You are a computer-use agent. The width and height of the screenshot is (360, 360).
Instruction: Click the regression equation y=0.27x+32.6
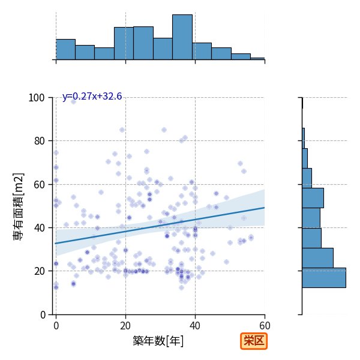[x=92, y=96]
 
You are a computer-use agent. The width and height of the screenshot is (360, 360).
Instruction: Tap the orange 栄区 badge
[x=254, y=341]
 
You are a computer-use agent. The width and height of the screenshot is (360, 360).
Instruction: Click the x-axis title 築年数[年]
[x=158, y=341]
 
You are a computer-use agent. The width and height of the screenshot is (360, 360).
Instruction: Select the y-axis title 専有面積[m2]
[x=19, y=206]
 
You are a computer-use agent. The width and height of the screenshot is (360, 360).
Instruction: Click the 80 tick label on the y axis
[x=39, y=141]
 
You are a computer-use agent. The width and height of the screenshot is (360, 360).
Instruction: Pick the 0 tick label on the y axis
[x=43, y=315]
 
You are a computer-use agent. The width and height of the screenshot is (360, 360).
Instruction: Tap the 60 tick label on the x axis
[x=265, y=326]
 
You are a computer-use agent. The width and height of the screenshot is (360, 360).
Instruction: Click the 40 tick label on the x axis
[x=195, y=326]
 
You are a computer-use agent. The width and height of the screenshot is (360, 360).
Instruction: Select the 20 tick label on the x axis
[x=125, y=326]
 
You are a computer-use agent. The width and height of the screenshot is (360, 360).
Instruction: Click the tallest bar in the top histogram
[x=182, y=37]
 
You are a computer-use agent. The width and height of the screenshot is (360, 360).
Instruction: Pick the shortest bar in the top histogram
[x=257, y=59]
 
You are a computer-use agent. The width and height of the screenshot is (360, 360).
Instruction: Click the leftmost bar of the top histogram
[x=65, y=50]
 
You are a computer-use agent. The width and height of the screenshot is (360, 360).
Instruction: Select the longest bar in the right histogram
[x=324, y=278]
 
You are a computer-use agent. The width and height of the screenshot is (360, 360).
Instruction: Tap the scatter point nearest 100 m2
[x=73, y=101]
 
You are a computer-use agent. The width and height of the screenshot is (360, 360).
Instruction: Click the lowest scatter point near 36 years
[x=181, y=287]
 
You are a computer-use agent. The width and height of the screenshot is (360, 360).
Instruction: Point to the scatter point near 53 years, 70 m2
[x=240, y=163]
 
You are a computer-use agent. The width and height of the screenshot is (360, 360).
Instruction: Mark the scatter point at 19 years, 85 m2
[x=122, y=130]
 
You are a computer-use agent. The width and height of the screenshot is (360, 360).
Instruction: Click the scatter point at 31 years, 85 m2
[x=164, y=130]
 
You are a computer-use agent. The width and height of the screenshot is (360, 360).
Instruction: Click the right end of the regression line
[x=265, y=208]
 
